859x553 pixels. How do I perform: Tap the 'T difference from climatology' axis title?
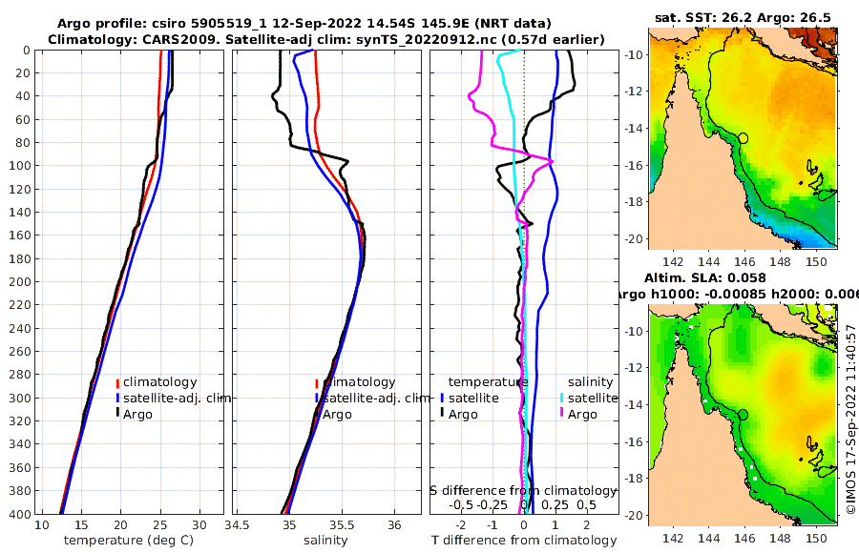tap(524, 541)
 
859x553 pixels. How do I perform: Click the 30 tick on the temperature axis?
tap(199, 525)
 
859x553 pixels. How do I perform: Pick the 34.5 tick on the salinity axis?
tap(238, 525)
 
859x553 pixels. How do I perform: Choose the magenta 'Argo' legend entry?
tap(582, 414)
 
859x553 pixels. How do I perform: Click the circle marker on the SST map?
tap(744, 138)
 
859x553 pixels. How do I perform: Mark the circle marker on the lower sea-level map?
tap(744, 415)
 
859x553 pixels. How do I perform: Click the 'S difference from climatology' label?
tap(524, 490)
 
